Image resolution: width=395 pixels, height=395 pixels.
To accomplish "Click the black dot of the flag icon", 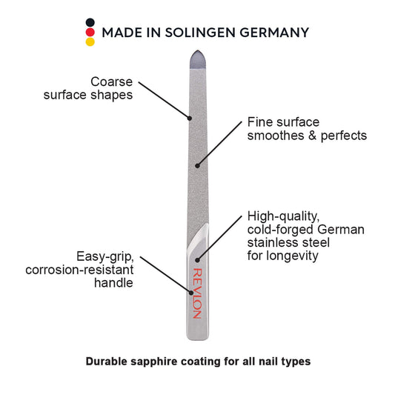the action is point(90,22).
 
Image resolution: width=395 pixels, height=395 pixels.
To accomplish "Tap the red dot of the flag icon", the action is point(90,33).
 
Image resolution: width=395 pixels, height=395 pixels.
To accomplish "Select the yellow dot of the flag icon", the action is point(90,42).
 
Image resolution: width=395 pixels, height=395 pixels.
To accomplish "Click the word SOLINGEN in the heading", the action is point(200,33).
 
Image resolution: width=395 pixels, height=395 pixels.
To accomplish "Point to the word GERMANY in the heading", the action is point(274,33).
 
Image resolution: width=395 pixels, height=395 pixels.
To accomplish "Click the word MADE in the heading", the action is point(122,33).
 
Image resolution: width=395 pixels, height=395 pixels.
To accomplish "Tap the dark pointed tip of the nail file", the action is point(198,59).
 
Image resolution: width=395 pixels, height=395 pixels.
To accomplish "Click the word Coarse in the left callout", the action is point(111,82).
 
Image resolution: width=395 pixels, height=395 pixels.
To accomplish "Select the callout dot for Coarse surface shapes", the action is point(190,118).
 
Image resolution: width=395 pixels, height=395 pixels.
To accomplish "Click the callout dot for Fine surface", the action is point(197,166).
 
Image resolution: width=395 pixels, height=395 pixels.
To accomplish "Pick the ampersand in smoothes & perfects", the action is point(312,136).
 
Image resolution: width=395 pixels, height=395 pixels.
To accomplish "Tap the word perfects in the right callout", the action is point(344,136).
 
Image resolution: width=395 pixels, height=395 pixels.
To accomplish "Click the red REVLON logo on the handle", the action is point(197,293).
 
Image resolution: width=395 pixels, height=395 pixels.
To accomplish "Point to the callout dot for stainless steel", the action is point(197,260).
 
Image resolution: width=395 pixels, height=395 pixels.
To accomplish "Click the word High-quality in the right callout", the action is point(283,216).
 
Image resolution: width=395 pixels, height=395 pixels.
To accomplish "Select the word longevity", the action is point(293,256).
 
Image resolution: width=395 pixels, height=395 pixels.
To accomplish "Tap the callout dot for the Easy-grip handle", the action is point(191,293).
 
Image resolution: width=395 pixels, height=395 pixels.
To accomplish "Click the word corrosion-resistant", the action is point(79,270).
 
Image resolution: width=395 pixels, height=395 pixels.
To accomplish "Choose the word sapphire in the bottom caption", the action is point(154,362).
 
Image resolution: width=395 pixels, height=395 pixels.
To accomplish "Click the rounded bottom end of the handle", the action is point(198,337).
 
